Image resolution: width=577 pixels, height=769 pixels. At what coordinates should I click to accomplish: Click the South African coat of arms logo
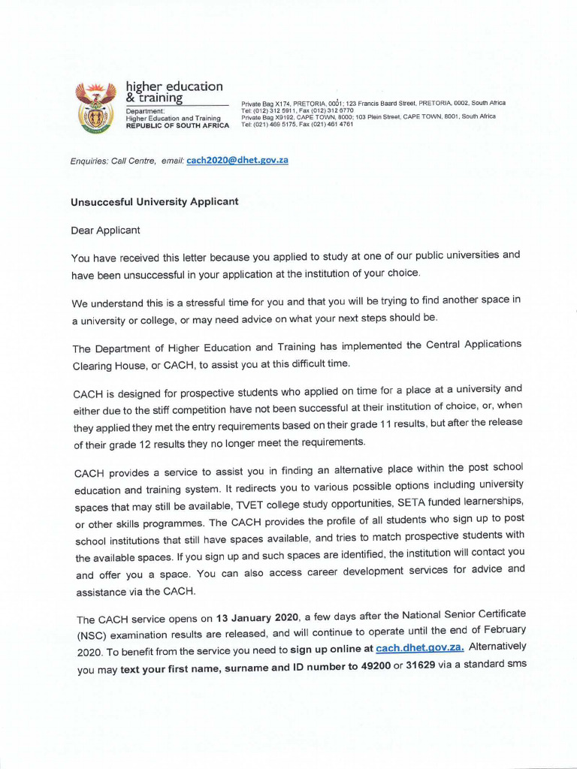pos(95,108)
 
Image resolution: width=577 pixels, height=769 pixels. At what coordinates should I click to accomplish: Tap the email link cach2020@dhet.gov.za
pos(237,160)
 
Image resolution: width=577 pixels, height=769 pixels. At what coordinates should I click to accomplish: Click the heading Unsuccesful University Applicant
pos(154,201)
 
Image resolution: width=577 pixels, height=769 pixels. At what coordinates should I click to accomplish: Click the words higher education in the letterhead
pos(174,86)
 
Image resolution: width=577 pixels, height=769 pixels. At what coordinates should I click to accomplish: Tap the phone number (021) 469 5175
pos(286,124)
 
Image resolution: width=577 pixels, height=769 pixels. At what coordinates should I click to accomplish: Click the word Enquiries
pos(89,161)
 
